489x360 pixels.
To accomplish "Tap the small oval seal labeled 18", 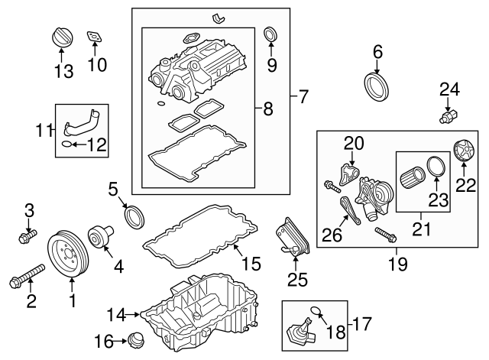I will [316, 310].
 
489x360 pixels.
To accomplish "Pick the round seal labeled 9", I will [270, 34].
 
